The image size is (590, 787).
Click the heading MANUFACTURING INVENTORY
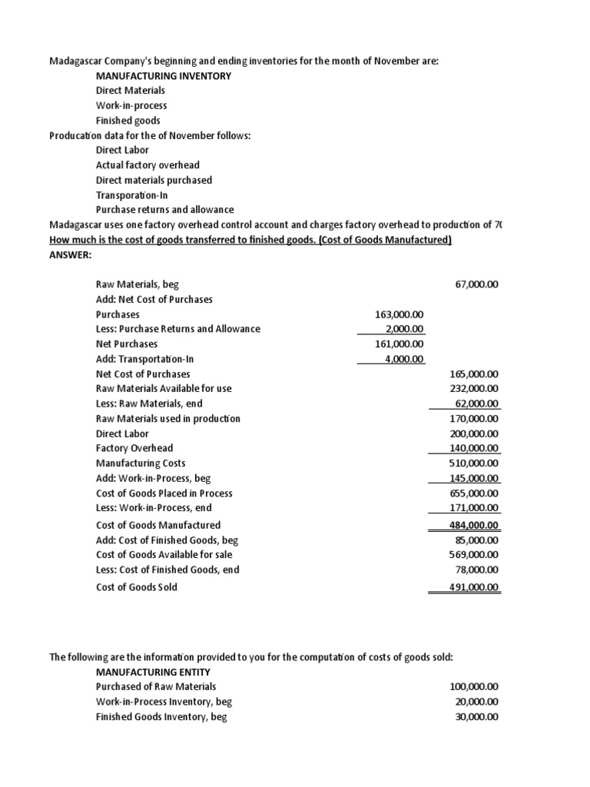tap(163, 75)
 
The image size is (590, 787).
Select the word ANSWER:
tap(70, 254)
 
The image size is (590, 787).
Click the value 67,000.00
tap(477, 284)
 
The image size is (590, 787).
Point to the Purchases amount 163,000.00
tap(399, 314)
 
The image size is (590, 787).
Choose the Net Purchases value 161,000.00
tap(399, 344)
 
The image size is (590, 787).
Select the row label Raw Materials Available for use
tap(164, 389)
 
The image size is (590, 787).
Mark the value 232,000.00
tap(474, 389)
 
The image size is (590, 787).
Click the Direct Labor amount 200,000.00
tap(474, 433)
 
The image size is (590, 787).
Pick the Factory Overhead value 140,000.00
tap(474, 448)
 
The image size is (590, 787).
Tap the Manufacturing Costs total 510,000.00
tap(474, 463)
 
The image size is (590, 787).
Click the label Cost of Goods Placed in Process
tap(164, 493)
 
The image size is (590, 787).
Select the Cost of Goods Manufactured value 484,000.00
tap(474, 525)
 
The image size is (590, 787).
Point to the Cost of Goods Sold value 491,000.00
tap(474, 587)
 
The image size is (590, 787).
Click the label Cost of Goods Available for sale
tap(164, 554)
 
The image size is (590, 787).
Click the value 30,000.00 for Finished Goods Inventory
tap(477, 716)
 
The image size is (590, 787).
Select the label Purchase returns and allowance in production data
tap(164, 210)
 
